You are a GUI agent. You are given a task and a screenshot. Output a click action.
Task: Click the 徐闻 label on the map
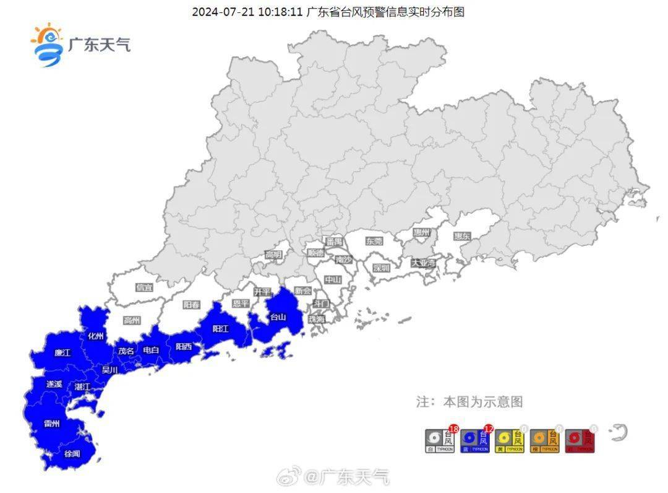click(x=72, y=454)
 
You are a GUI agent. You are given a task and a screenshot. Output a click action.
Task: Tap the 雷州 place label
click(x=52, y=424)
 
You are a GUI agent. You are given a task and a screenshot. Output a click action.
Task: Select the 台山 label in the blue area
click(x=278, y=317)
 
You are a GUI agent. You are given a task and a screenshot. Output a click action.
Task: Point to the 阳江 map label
click(x=221, y=329)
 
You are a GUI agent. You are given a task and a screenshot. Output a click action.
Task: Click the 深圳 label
click(x=382, y=268)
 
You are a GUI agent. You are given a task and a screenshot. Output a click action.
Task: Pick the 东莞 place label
click(x=374, y=241)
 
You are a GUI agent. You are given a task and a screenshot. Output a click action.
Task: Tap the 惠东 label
click(x=462, y=236)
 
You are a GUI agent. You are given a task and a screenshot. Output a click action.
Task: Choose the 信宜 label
click(x=144, y=287)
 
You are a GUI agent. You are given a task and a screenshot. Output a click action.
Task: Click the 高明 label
click(x=273, y=255)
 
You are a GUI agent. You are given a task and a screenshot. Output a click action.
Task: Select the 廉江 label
click(x=62, y=353)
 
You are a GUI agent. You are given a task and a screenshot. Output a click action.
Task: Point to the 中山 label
click(x=333, y=280)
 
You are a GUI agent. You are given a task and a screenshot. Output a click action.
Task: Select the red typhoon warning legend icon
click(x=580, y=441)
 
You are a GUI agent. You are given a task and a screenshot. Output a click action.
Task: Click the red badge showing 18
click(x=453, y=429)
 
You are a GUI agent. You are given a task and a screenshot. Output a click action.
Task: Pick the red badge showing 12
click(x=488, y=429)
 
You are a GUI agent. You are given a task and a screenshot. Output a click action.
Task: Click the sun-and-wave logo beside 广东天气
click(x=47, y=45)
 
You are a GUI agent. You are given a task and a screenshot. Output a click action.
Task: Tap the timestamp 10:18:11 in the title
click(x=280, y=12)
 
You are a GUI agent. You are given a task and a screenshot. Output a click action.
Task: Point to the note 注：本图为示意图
click(x=469, y=402)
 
